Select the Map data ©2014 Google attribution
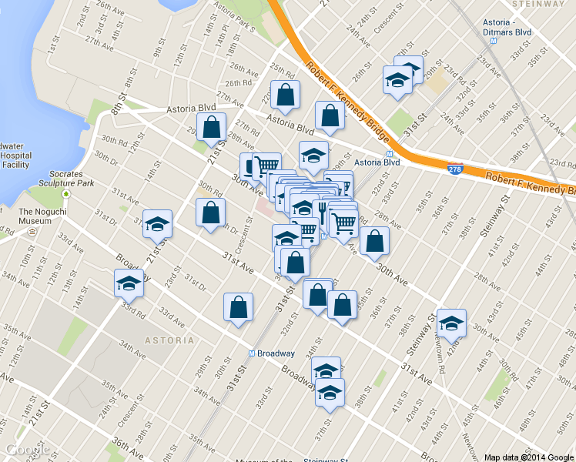click(x=529, y=457)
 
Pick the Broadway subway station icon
click(x=251, y=353)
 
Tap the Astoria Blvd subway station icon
click(x=357, y=162)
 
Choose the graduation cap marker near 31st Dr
click(x=158, y=223)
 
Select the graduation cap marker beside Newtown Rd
click(x=451, y=323)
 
